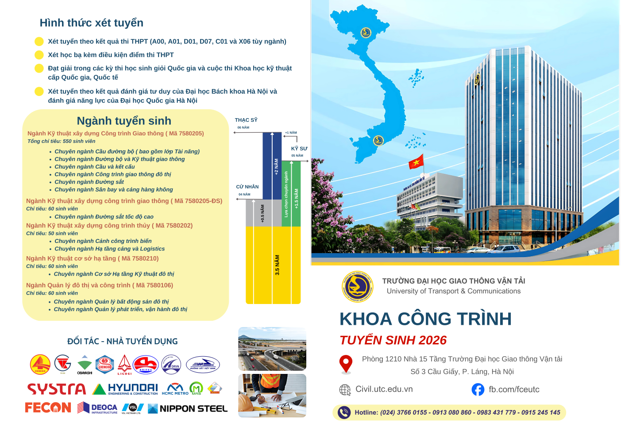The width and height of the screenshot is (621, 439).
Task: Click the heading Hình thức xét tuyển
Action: point(92,23)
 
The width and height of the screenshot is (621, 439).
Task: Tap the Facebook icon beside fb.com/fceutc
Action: point(478,389)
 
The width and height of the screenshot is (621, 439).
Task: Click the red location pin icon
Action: point(346,364)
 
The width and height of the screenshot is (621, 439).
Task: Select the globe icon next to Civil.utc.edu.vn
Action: point(345,390)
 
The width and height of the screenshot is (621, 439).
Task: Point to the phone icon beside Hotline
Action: point(344,412)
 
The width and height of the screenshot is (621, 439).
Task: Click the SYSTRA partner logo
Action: point(56,389)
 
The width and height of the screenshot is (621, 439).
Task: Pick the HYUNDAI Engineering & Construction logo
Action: point(126,389)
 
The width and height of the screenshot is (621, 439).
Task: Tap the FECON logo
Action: point(48,408)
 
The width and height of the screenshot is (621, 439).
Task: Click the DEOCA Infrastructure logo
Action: point(97,408)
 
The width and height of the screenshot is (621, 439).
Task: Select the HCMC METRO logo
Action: point(175,389)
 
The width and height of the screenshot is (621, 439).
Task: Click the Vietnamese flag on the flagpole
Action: point(416,162)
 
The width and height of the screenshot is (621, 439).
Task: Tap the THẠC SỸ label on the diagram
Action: point(246,120)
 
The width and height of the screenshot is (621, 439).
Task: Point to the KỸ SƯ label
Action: point(299,149)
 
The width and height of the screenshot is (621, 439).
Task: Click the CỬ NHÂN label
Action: point(247,187)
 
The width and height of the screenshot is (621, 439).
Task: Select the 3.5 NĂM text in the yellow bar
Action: point(278,265)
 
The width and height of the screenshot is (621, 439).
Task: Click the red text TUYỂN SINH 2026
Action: point(393,340)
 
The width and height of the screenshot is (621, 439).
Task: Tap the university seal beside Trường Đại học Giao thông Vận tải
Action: point(357,286)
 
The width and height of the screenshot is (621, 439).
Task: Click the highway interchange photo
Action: point(272,349)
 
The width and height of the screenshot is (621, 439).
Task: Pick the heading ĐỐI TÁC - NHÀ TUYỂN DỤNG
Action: point(123,342)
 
